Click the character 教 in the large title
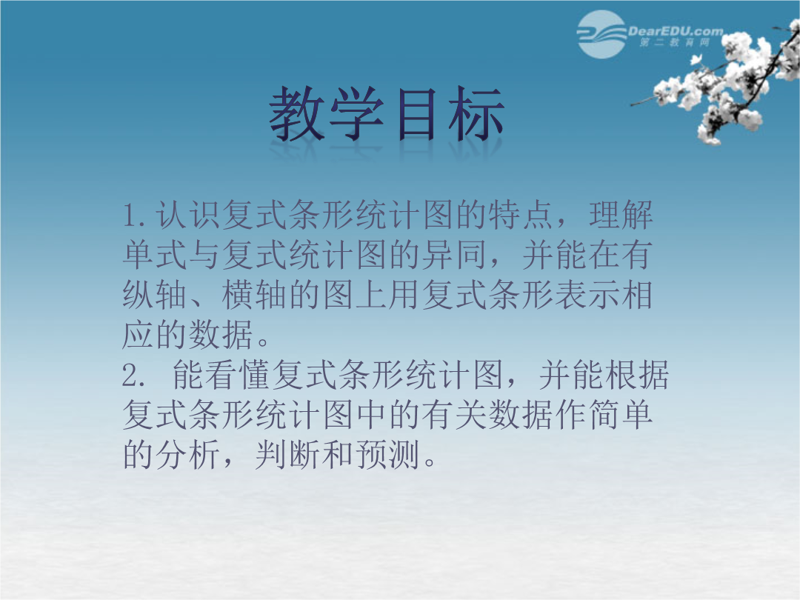pos(298,113)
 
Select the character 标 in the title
pos(476,113)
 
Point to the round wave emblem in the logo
pos(602,34)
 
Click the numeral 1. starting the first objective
pos(135,216)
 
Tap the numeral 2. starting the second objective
pos(135,376)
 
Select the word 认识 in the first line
pos(187,215)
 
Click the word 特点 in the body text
pos(521,215)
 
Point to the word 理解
pos(621,215)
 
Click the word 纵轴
pos(155,295)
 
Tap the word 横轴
pos(254,295)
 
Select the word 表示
pos(587,295)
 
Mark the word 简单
pos(621,415)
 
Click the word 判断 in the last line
pos(287,455)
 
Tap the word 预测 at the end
pos(387,455)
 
